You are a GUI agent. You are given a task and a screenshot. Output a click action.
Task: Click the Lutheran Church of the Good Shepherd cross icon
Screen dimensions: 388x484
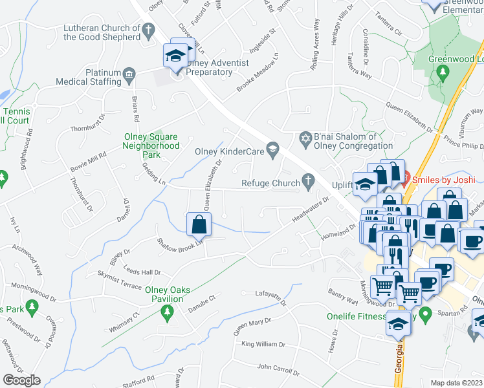pos(148,29)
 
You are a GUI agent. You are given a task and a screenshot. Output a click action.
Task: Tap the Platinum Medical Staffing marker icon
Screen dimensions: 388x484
pos(129,74)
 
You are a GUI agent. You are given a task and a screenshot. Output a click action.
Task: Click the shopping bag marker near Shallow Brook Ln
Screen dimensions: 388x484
pos(199,224)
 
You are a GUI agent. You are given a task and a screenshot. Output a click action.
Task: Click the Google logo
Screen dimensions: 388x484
pos(21,380)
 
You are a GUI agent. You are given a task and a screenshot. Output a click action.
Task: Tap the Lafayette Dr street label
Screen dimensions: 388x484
pos(270,298)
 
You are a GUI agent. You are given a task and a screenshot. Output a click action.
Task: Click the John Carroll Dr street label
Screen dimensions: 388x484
pos(278,370)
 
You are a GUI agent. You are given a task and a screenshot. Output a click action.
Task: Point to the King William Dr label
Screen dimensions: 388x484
pos(265,343)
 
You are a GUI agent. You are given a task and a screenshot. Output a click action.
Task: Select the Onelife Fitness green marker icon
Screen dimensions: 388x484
pos(425,315)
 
